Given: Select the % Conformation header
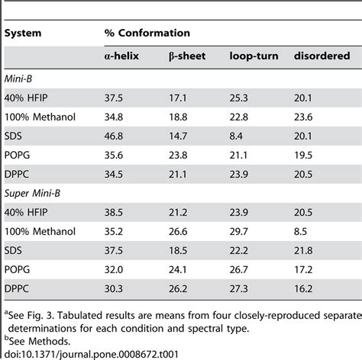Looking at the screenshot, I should [147, 33].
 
